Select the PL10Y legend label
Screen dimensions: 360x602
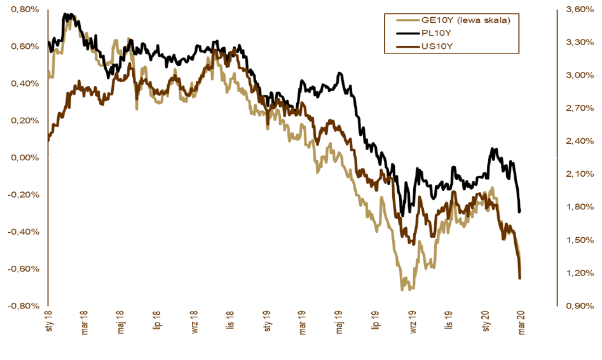tap(436, 33)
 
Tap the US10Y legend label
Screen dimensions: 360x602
tap(436, 45)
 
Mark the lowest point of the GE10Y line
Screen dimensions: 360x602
tap(402, 290)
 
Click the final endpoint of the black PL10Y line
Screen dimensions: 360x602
tap(519, 211)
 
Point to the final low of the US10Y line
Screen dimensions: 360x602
tap(520, 278)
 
